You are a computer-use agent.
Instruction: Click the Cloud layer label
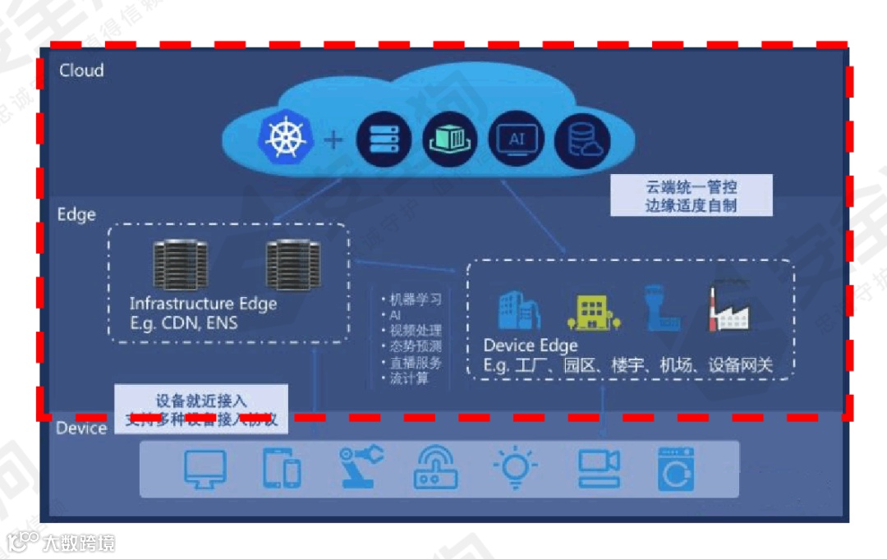(x=81, y=71)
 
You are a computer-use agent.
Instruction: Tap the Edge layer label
(x=76, y=215)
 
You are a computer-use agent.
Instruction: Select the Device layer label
(x=81, y=428)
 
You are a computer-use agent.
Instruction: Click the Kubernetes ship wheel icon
(x=285, y=138)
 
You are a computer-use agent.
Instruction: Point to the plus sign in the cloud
(x=333, y=140)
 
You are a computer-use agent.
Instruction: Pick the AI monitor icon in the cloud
(x=516, y=140)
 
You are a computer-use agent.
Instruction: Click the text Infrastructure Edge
(x=203, y=304)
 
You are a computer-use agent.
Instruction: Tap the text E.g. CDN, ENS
(x=183, y=323)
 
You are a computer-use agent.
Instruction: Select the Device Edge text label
(x=531, y=346)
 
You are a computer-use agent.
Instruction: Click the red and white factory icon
(x=729, y=307)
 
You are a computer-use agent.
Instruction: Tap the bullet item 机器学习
(x=416, y=300)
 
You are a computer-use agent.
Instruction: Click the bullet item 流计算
(x=409, y=378)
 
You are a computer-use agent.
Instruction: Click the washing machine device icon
(x=676, y=469)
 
